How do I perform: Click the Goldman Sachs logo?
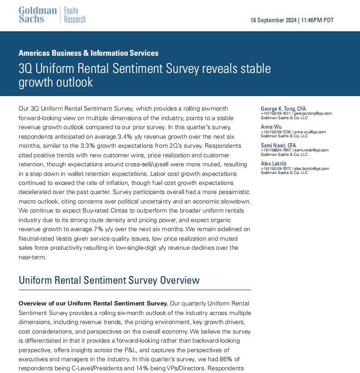tap(38, 15)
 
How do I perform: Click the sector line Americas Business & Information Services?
tap(88, 53)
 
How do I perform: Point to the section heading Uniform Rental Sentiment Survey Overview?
tap(109, 280)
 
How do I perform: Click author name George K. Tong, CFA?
tap(283, 108)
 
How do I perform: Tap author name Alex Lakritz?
tap(274, 164)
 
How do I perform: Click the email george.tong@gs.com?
tap(312, 113)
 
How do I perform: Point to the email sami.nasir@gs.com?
tap(311, 150)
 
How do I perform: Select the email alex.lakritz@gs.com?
tap(312, 169)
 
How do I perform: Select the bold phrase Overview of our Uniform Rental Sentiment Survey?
tap(93, 303)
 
